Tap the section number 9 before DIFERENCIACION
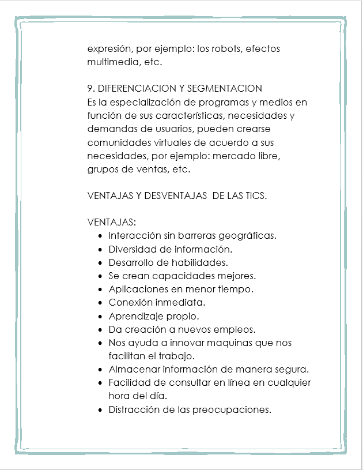[90, 89]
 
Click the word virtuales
[164, 142]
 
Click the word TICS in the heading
[255, 195]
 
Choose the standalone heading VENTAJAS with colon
[112, 222]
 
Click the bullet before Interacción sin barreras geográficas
[101, 236]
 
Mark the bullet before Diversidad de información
[101, 249]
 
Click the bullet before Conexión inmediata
[101, 303]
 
